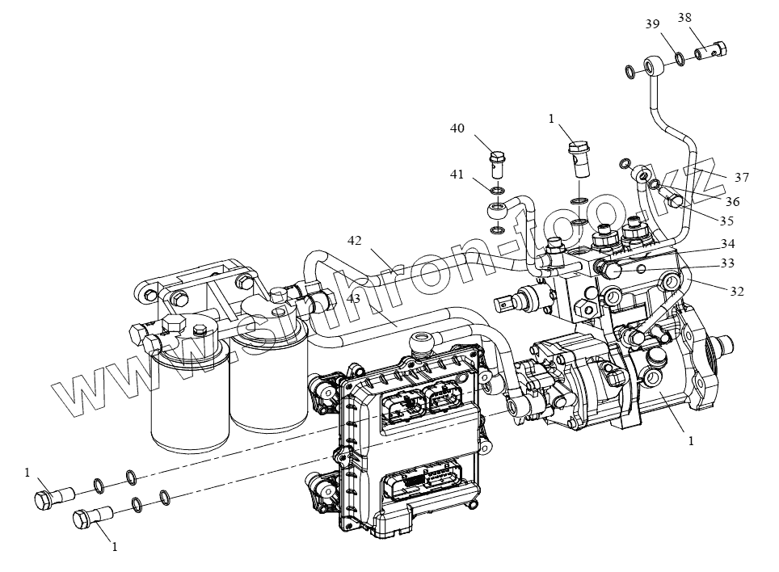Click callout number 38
pyautogui.click(x=684, y=17)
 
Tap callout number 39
pyautogui.click(x=651, y=24)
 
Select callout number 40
pyautogui.click(x=457, y=128)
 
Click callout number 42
pyautogui.click(x=356, y=241)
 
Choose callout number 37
pyautogui.click(x=742, y=177)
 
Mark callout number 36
pyautogui.click(x=731, y=201)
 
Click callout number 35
pyautogui.click(x=726, y=220)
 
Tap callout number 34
pyautogui.click(x=727, y=243)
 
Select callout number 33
pyautogui.click(x=727, y=263)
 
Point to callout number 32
pyautogui.click(x=737, y=290)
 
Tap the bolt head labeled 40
pyautogui.click(x=496, y=154)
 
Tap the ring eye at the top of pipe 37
pyautogui.click(x=654, y=64)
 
